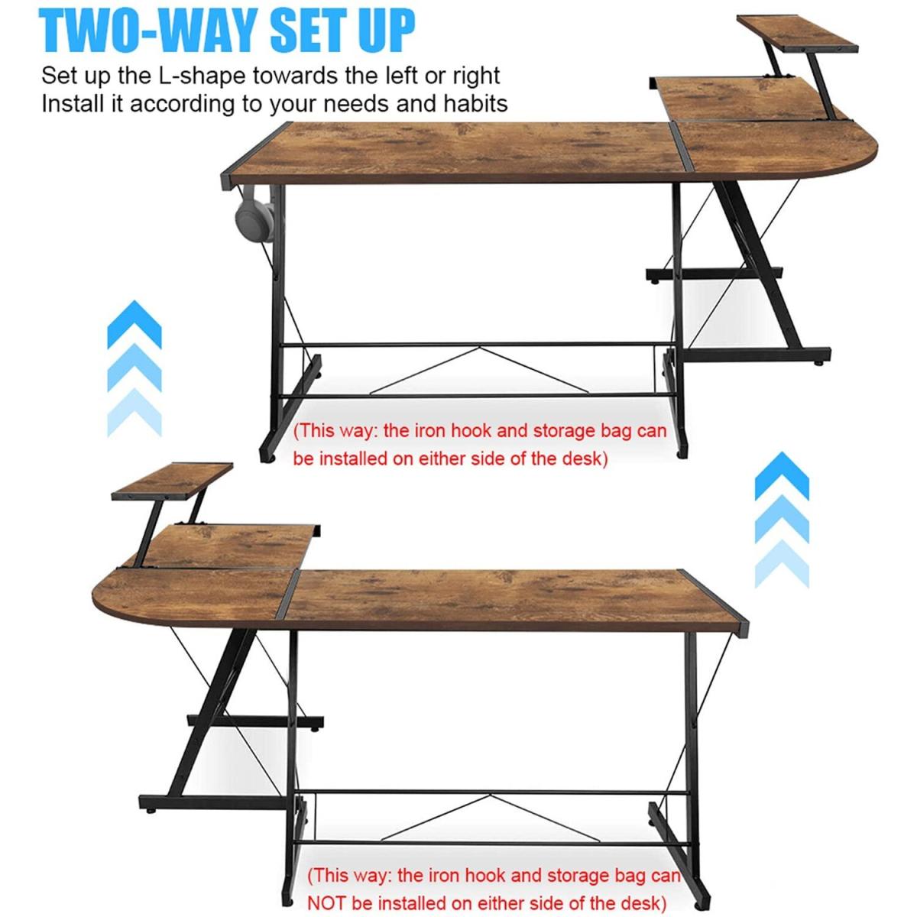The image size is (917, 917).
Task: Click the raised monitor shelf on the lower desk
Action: [x=172, y=481]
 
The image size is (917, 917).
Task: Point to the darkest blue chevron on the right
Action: [x=782, y=475]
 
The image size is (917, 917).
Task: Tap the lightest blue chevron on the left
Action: [x=134, y=412]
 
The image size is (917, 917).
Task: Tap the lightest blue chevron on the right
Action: [x=782, y=563]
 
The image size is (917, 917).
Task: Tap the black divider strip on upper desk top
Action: [x=682, y=146]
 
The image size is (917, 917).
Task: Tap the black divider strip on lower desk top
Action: [x=288, y=594]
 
